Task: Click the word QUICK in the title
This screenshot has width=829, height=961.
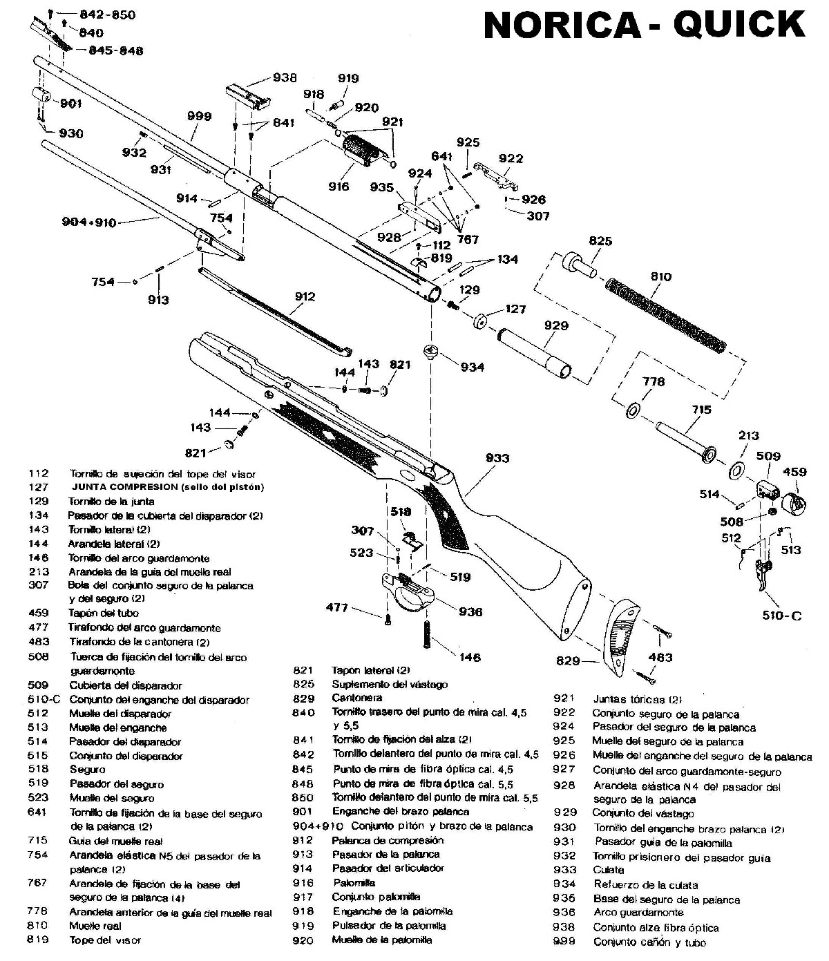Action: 739,26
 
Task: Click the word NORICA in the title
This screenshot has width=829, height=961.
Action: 562,26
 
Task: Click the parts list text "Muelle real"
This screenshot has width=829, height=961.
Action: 95,926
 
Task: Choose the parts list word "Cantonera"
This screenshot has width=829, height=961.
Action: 356,698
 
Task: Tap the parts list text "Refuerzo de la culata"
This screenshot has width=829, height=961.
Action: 645,884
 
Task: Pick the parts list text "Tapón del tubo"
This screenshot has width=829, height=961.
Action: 103,613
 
